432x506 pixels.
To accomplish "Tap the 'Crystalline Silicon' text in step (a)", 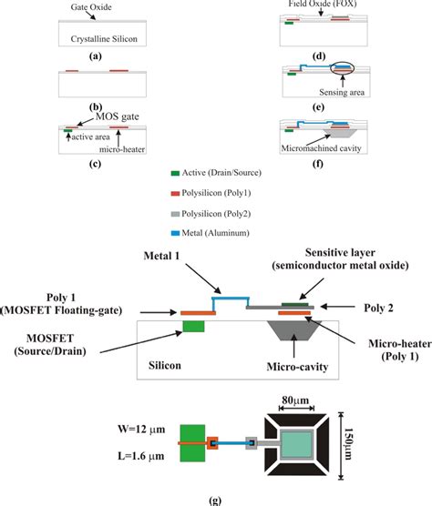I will [98, 39].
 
